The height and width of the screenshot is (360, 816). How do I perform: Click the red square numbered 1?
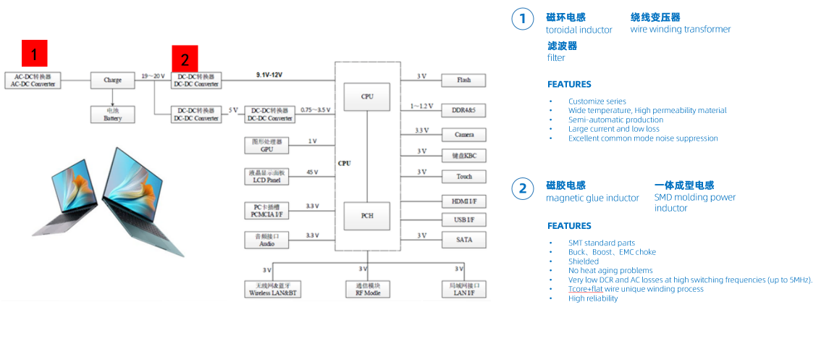35,54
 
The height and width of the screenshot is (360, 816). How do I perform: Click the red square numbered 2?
184,59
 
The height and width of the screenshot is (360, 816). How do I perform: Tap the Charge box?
112,80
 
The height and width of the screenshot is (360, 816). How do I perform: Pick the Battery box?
112,114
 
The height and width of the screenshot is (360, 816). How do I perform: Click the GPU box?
266,145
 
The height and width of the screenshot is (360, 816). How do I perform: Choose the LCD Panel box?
266,176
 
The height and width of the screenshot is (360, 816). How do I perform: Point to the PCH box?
367,216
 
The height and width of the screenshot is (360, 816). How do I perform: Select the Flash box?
463,80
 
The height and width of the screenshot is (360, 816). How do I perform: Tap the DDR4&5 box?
463,110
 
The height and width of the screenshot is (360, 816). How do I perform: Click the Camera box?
463,135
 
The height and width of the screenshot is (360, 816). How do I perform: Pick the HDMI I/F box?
463,201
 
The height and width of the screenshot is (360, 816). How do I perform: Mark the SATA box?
463,239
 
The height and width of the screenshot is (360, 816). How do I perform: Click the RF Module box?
367,289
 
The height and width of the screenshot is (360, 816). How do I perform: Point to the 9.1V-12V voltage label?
269,75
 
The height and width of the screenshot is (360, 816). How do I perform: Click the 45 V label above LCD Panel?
312,172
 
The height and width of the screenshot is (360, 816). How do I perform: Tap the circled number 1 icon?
523,19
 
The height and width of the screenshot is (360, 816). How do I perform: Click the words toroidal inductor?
579,30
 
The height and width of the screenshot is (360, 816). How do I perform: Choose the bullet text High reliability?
593,298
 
